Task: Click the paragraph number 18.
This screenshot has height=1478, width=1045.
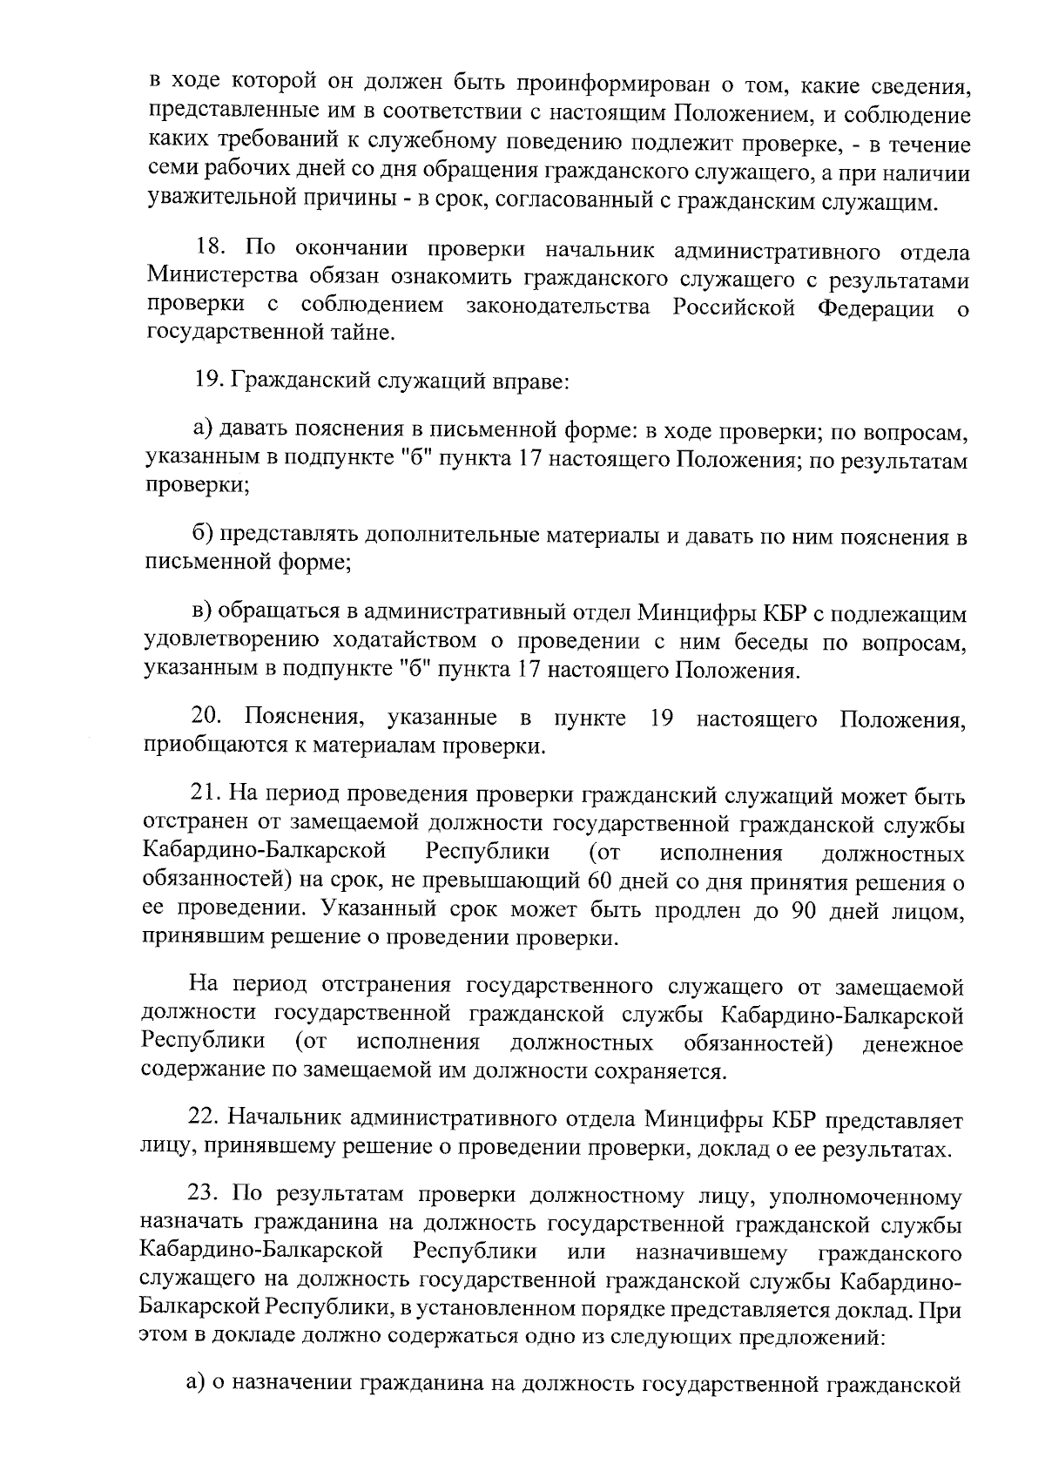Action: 212,253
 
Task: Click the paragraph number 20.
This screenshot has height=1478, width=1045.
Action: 207,719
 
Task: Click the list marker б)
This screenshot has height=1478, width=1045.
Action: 204,537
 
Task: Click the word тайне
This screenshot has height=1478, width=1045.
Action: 366,333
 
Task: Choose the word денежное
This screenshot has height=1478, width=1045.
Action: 913,1043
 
